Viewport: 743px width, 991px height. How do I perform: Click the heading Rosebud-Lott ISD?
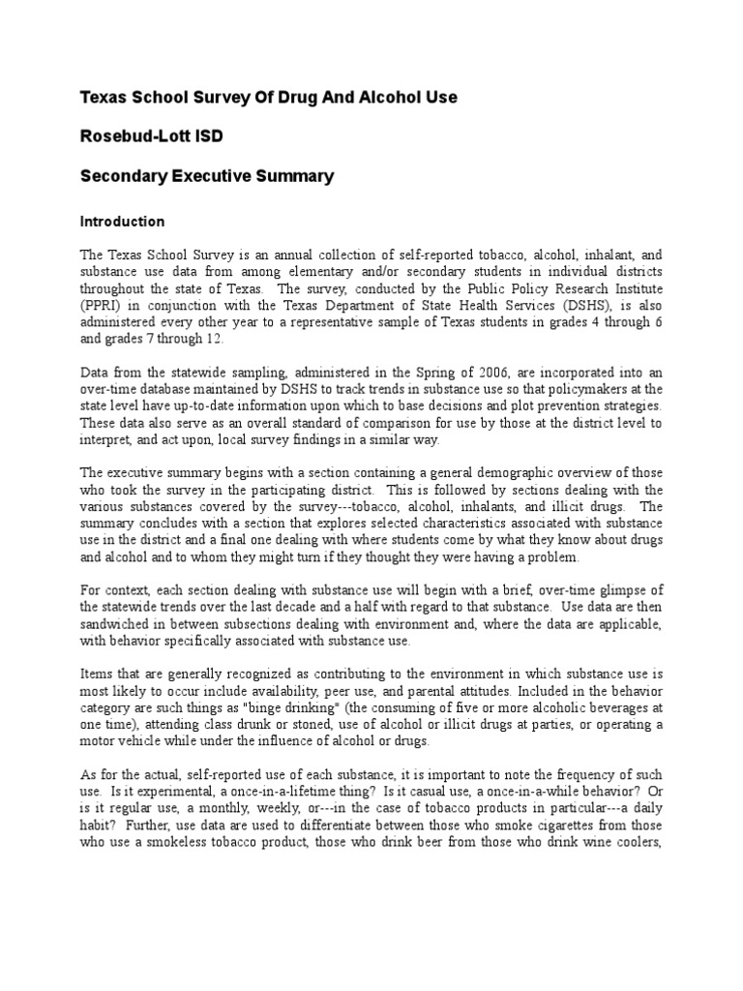[150, 136]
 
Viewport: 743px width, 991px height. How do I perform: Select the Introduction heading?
[122, 222]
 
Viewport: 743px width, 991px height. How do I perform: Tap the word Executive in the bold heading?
[210, 176]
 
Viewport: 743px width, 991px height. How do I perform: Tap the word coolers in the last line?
[637, 843]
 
